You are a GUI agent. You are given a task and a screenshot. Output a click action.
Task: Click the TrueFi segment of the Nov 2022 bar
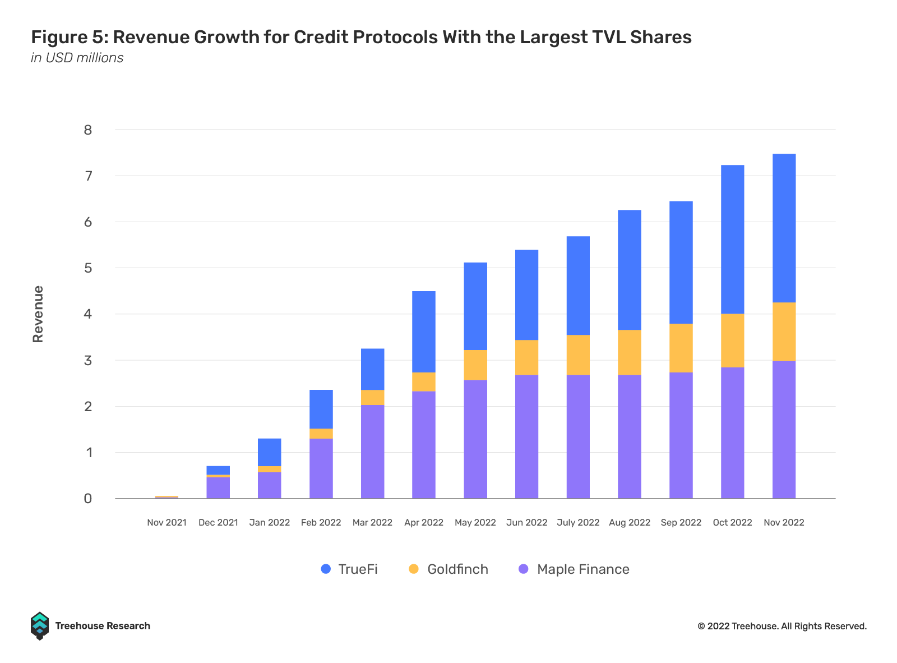[x=784, y=228]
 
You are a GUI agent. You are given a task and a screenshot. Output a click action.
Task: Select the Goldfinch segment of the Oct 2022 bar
[x=732, y=340]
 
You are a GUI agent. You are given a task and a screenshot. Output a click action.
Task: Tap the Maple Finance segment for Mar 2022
[x=372, y=452]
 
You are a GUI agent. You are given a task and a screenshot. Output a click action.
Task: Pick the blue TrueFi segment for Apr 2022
[x=424, y=331]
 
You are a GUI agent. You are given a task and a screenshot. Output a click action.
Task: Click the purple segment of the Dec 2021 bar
[x=218, y=487]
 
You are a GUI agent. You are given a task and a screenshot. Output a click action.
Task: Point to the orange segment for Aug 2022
[x=630, y=352]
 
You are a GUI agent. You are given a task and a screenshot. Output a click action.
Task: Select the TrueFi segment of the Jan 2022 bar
[x=270, y=452]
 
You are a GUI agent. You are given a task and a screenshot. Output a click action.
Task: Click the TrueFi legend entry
[x=349, y=569]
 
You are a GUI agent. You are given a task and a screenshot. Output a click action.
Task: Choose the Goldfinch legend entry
[x=449, y=569]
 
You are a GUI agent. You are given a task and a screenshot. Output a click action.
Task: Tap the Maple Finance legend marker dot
[x=524, y=569]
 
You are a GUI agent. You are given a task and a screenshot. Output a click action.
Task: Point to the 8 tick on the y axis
[x=88, y=130]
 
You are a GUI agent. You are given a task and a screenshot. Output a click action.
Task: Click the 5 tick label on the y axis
[x=88, y=268]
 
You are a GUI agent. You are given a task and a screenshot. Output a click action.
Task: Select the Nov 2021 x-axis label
[x=167, y=523]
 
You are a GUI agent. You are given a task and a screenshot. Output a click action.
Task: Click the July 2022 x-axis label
[x=578, y=523]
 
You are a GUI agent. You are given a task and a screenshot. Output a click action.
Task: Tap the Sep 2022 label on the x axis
[x=681, y=523]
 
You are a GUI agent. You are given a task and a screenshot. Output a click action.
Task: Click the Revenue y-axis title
[x=38, y=314]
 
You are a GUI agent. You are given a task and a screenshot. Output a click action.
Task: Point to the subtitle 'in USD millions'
[x=77, y=58]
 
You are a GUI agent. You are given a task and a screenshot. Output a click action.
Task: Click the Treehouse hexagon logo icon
[x=39, y=626]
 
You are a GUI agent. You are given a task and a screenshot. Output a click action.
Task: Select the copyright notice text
[x=782, y=626]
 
